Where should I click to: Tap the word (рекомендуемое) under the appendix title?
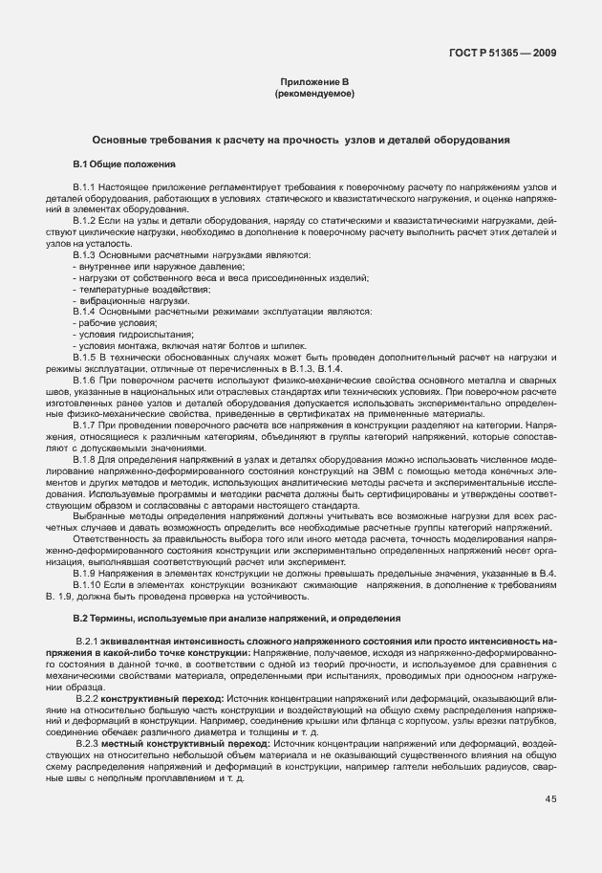[313, 95]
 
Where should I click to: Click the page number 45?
[551, 798]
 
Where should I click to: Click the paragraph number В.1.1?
[85, 184]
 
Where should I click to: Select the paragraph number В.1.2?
[85, 221]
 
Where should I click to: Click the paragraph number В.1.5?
[85, 356]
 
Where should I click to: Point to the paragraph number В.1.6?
[85, 379]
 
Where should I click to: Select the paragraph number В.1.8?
[85, 461]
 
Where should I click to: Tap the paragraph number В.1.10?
[88, 584]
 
